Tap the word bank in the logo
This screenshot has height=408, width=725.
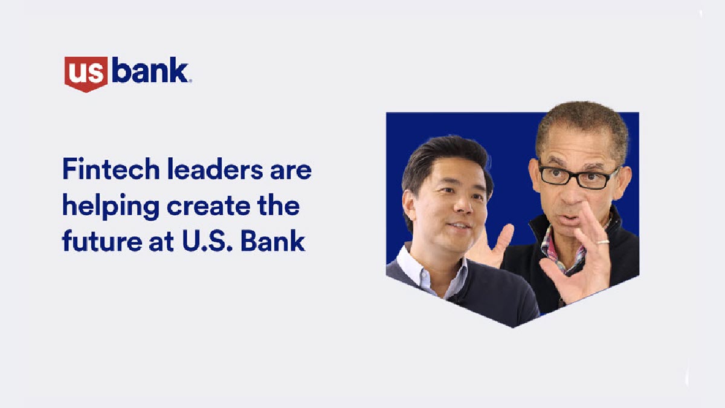151,72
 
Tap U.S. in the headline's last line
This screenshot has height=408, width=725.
202,241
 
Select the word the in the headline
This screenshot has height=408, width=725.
281,206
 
